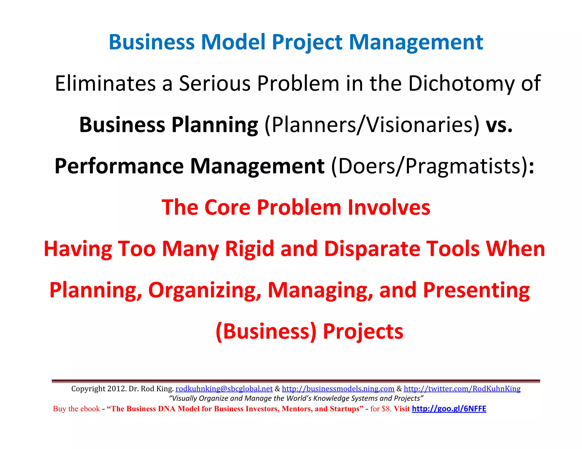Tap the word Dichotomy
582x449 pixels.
point(461,83)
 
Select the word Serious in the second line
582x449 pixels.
point(215,83)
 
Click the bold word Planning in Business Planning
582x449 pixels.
point(215,125)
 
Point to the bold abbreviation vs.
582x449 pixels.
point(499,125)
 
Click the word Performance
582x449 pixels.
point(119,166)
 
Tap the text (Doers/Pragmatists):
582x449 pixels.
point(432,166)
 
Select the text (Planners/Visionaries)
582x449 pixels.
point(372,125)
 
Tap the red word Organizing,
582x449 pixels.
point(205,290)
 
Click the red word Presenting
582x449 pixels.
point(476,290)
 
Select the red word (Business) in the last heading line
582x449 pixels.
point(266,331)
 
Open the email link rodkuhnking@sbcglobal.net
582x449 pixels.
point(224,389)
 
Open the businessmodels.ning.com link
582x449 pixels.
point(338,389)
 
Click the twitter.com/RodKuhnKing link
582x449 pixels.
point(462,389)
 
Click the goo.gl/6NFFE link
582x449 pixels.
point(449,409)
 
